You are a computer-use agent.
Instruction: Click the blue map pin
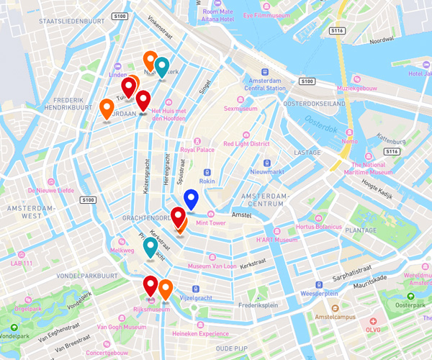(x=191, y=199)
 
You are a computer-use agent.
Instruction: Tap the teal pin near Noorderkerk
(x=162, y=67)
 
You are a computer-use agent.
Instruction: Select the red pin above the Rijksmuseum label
(x=150, y=286)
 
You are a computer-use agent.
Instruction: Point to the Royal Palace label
(x=197, y=149)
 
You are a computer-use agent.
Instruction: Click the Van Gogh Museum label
(x=117, y=326)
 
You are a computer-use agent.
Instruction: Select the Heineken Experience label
(x=203, y=333)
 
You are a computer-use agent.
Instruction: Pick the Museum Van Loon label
(x=212, y=266)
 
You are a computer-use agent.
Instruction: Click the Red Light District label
(x=246, y=143)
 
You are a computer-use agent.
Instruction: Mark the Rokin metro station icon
(x=207, y=173)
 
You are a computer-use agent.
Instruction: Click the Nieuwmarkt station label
(x=266, y=171)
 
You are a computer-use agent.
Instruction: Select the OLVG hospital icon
(x=372, y=320)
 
